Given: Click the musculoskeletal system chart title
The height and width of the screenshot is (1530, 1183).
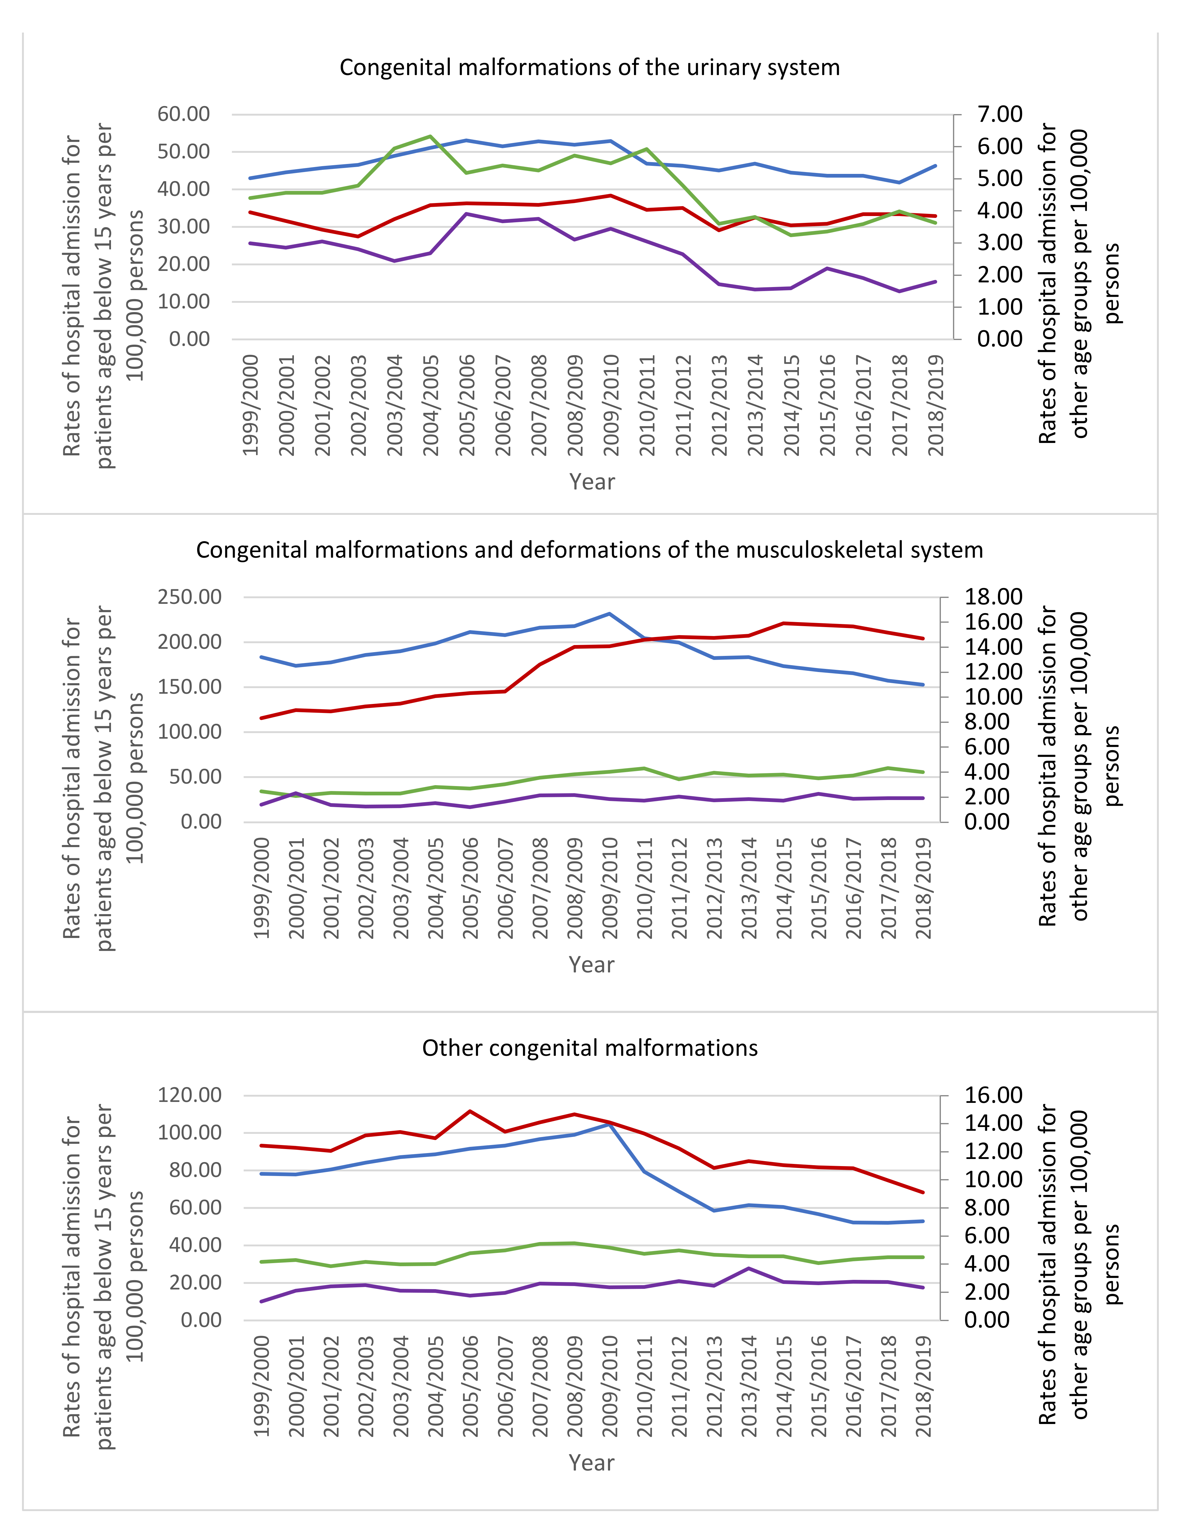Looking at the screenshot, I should point(589,550).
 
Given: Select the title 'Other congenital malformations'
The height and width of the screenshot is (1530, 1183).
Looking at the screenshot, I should point(589,1048).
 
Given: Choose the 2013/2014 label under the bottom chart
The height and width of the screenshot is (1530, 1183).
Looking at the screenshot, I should point(749,1386).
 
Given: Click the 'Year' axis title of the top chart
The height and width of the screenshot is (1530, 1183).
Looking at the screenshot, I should point(592,482).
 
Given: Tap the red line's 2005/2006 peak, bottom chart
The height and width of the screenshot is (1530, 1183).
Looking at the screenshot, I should point(470,1111).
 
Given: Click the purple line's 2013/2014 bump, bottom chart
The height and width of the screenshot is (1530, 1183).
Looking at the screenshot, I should point(749,1268).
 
